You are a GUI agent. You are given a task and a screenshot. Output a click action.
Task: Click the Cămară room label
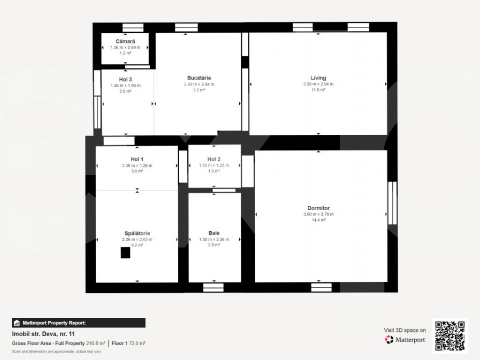[x=125, y=41]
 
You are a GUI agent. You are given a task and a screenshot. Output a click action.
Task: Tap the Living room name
[x=319, y=78]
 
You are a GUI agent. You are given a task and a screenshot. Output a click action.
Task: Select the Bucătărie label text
[x=199, y=78]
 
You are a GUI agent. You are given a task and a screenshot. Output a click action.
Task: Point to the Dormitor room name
[x=319, y=208]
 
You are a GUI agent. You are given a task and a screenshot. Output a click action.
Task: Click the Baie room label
[x=214, y=233]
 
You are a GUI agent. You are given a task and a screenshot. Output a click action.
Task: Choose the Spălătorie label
[x=137, y=233]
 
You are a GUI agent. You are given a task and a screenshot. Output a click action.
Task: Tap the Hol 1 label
[x=137, y=159]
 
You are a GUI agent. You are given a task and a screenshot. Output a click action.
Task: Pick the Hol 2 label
[x=214, y=159]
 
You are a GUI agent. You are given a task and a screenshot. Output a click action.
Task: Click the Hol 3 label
[x=125, y=80]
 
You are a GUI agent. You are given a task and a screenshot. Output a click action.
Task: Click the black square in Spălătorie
[x=125, y=253]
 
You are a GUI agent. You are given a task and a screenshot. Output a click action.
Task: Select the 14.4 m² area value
[x=319, y=220]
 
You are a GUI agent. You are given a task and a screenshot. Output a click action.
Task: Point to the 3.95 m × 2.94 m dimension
[x=319, y=84]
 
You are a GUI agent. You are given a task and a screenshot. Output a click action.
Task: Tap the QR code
[x=450, y=336]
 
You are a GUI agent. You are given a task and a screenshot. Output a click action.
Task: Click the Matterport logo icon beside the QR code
[x=389, y=339]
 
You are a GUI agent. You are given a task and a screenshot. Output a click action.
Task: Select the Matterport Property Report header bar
[x=79, y=323]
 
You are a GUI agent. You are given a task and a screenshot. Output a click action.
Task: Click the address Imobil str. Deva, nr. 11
[x=43, y=334]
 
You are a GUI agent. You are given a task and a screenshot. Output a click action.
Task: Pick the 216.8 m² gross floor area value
[x=96, y=344]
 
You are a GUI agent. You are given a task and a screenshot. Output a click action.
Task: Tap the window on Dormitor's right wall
[x=392, y=203]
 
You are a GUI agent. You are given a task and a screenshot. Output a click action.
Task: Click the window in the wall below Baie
[x=213, y=287]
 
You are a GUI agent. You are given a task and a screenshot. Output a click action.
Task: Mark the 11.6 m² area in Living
[x=319, y=90]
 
